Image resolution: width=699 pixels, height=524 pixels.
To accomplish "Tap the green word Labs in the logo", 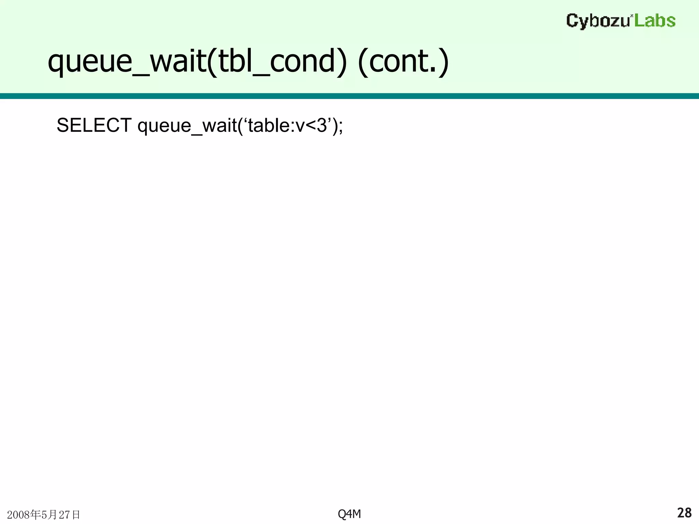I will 655,21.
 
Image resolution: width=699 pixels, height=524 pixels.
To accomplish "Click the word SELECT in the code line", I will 94,126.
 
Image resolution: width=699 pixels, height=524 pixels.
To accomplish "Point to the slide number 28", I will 684,513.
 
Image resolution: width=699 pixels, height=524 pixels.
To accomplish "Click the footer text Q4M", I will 349,514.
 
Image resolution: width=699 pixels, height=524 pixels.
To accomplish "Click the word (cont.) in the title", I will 403,61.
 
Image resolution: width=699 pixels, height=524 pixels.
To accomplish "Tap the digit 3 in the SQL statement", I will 322,126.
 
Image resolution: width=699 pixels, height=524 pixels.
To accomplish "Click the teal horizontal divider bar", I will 349,96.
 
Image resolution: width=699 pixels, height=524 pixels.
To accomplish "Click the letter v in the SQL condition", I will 300,126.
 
